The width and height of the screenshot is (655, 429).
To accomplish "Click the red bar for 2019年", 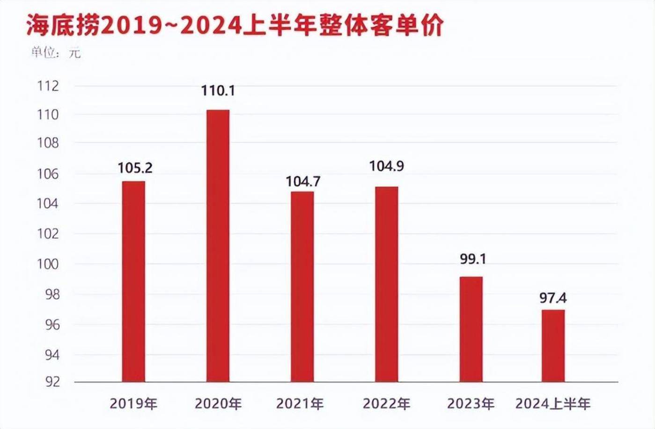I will (133, 281).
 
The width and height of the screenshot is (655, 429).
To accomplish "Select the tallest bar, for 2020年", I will (218, 246).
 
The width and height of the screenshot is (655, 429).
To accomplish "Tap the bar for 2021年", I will (302, 287).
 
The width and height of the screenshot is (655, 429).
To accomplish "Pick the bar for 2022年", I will (387, 284).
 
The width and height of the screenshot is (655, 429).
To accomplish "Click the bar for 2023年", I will (471, 329).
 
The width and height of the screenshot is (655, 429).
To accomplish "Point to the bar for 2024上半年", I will (553, 346).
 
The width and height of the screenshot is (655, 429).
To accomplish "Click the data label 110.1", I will (218, 91).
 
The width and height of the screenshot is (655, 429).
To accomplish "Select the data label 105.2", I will (135, 168).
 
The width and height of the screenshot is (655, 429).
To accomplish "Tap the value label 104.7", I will (303, 181).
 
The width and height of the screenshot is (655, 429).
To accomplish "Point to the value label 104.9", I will (387, 166).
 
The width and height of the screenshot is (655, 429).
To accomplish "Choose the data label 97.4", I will (553, 298).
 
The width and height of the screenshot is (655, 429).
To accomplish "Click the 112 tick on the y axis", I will (48, 86).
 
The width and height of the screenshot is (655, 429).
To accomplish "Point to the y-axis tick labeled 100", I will (48, 264).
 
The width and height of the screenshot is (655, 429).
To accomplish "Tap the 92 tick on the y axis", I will (52, 382).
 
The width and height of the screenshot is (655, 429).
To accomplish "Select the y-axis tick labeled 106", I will (48, 175).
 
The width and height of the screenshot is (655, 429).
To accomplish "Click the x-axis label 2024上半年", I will (553, 404).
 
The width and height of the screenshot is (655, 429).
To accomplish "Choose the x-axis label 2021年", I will (300, 404).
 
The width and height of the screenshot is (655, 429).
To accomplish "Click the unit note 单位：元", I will (56, 52).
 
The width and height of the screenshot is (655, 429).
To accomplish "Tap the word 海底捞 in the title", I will (62, 26).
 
